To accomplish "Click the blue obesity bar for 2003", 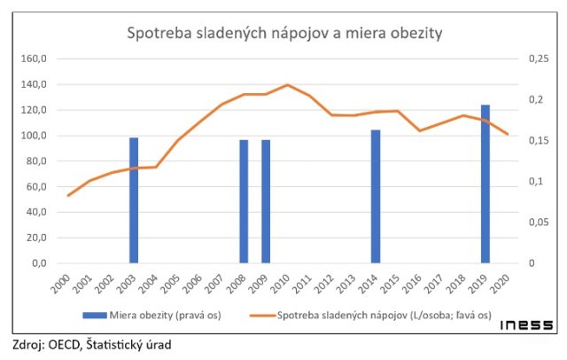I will tap(134, 200).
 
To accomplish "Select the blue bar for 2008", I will tap(244, 201).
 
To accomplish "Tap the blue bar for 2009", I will tap(266, 201).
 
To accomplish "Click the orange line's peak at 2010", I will tap(287, 85).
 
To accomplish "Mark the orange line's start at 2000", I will tap(68, 195).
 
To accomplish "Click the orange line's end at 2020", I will tap(507, 135).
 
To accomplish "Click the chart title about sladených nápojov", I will tap(284, 34).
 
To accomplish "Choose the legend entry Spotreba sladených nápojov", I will tap(372, 315).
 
